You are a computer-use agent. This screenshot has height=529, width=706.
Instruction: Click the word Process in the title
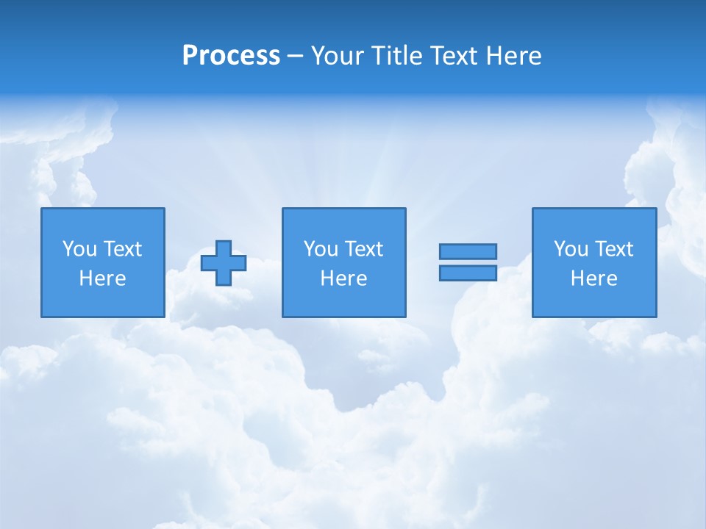point(231,56)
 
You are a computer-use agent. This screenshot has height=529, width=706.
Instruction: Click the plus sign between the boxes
point(224,263)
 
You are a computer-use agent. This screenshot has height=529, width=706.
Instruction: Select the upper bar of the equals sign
point(468,251)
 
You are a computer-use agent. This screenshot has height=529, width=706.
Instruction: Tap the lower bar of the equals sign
point(468,273)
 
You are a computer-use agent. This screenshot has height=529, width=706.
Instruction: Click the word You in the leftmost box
point(79,249)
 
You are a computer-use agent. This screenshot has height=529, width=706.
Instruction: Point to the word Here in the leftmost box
point(103,278)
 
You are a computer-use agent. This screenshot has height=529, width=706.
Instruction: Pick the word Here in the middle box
point(344,278)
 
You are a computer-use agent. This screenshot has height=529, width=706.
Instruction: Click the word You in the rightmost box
point(571,249)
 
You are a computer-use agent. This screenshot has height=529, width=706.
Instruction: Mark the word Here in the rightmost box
point(594,278)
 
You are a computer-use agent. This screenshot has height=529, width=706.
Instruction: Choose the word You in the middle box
point(321,249)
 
